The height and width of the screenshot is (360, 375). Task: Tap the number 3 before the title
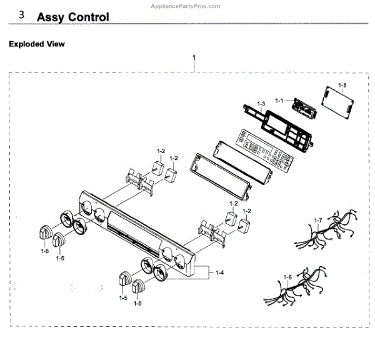click(22, 15)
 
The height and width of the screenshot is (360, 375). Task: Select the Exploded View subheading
click(36, 44)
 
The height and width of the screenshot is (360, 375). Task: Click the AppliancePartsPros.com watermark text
click(186, 6)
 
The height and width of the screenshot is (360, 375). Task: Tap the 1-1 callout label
click(279, 100)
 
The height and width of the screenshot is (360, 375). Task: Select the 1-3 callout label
click(261, 103)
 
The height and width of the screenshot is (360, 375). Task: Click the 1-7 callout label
click(317, 220)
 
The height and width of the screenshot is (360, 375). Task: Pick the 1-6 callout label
click(287, 277)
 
